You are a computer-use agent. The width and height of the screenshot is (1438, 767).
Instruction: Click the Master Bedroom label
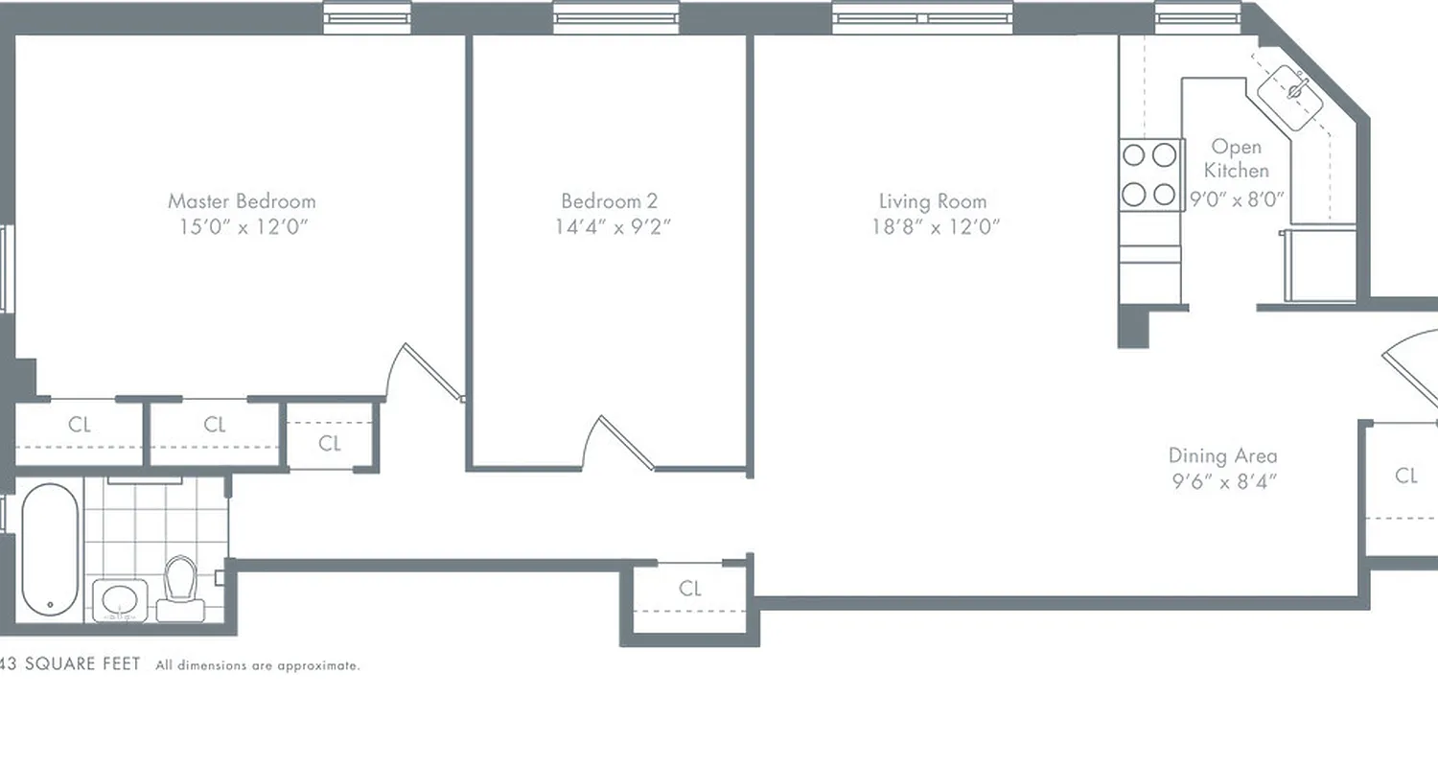click(x=242, y=201)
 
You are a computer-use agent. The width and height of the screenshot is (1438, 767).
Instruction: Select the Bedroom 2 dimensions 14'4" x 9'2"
click(x=610, y=227)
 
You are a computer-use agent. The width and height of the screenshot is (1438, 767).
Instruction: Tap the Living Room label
click(x=932, y=201)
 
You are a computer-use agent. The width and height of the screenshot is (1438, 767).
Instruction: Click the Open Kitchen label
click(x=1237, y=158)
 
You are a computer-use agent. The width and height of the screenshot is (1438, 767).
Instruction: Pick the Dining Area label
click(x=1222, y=456)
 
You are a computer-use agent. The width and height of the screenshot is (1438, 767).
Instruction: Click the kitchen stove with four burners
click(x=1149, y=174)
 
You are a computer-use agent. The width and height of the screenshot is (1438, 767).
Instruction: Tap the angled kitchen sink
click(x=1291, y=93)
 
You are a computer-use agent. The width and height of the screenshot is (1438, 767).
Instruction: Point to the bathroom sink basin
click(x=120, y=600)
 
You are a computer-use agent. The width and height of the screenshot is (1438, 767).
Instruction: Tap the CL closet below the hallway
click(x=690, y=589)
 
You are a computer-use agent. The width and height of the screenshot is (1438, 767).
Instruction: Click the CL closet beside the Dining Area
click(x=1405, y=476)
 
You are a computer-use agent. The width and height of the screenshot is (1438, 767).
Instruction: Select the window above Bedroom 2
click(x=615, y=17)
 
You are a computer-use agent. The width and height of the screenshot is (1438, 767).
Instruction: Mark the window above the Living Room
click(x=922, y=17)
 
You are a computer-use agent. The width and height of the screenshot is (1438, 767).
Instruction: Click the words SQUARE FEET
click(x=83, y=664)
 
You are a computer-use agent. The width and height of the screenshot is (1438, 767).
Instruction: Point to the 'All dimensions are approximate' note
click(x=258, y=665)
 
